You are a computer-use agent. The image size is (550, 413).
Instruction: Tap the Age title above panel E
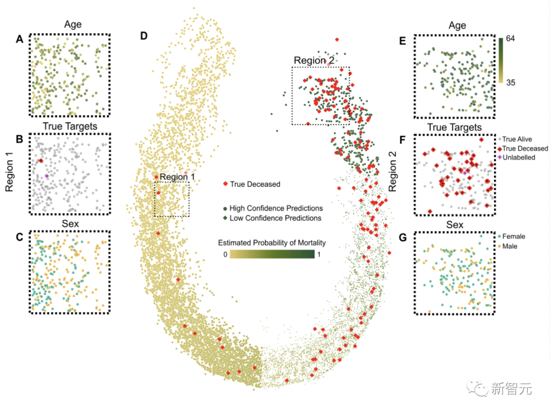(457, 25)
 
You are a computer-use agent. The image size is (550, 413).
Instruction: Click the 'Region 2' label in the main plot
(314, 61)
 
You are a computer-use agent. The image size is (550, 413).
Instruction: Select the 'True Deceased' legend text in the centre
(255, 184)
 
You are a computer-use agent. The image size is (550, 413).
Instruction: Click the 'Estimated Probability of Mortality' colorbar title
(271, 243)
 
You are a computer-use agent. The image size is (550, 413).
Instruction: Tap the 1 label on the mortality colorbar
(319, 254)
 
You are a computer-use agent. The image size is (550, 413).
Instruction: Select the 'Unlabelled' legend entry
(518, 158)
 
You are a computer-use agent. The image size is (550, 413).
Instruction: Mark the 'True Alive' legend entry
(516, 139)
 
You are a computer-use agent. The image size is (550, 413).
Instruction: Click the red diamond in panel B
(41, 161)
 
